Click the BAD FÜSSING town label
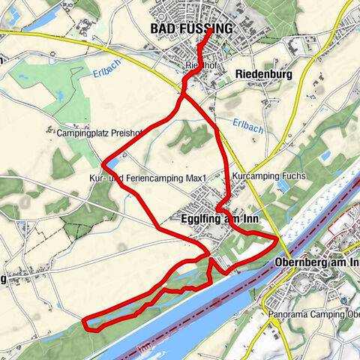[191, 28]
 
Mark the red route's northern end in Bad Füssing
[208, 32]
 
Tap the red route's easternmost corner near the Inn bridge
[278, 238]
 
